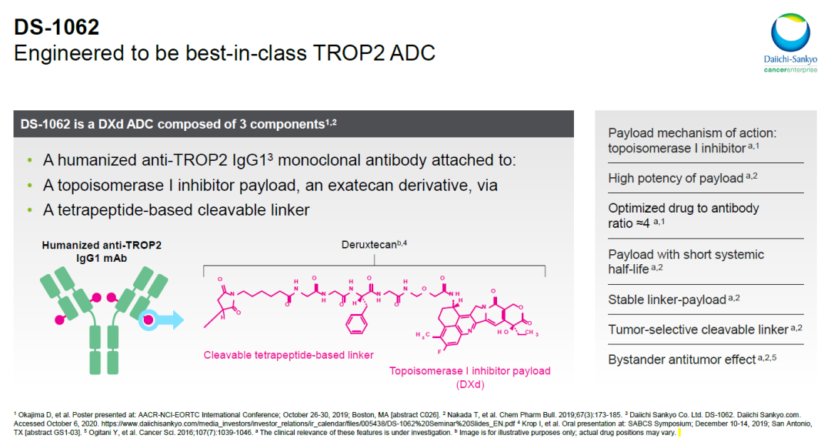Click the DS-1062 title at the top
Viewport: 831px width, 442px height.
[57, 27]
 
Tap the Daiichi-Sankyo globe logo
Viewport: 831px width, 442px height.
[790, 33]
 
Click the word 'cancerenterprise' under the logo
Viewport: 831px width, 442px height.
[790, 70]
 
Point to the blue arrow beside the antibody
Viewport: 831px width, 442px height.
[169, 320]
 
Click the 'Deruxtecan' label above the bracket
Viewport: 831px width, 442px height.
[369, 245]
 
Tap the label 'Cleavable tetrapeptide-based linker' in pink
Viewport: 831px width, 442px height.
[289, 355]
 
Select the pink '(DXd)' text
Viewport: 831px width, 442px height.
[470, 384]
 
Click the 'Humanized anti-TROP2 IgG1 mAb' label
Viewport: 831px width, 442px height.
[102, 252]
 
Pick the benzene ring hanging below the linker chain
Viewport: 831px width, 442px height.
[356, 323]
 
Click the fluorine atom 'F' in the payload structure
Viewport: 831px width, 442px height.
[440, 352]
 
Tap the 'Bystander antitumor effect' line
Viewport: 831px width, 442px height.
[682, 360]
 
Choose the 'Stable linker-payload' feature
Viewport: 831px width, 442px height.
[666, 300]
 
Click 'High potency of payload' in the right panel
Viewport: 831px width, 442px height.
[676, 179]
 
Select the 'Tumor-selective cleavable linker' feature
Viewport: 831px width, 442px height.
[698, 330]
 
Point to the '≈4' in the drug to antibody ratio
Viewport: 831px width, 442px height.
[642, 223]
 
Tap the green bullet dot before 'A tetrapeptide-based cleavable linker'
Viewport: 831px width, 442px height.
[30, 210]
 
